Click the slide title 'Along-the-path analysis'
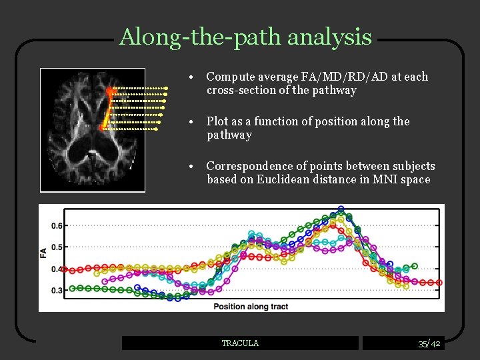245,37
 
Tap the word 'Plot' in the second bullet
217,121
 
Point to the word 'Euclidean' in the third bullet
283,179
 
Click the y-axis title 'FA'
43,253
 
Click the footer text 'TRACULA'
240,343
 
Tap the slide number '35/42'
429,344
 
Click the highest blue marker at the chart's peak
341,209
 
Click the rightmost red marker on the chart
439,283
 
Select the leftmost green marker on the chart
72,288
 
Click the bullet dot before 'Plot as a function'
191,122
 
